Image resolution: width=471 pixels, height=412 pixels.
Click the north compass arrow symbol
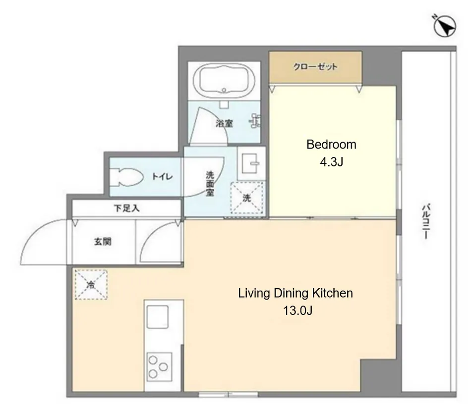445,26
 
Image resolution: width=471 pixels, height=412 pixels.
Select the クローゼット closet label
315,66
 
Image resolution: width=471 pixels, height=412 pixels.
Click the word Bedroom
331,145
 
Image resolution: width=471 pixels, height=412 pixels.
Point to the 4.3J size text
331,162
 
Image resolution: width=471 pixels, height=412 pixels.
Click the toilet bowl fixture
126,177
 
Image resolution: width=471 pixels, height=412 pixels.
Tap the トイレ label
162,176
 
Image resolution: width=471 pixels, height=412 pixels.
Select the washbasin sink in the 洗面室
251,163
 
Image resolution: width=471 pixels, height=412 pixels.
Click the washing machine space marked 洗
246,198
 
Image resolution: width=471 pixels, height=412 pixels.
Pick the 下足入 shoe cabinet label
126,208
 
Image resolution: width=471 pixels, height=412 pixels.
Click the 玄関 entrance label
103,241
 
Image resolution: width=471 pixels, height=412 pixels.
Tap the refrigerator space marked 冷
91,284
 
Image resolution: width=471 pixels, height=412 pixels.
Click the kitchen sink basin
157,317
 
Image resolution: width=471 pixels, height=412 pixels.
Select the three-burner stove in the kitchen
159,366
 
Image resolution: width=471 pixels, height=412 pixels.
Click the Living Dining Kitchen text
295,293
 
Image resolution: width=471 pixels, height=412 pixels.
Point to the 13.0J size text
297,310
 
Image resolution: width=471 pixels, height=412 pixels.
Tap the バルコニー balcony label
426,221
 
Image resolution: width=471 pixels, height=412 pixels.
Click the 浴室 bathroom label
224,123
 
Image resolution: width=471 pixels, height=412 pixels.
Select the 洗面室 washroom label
210,184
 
